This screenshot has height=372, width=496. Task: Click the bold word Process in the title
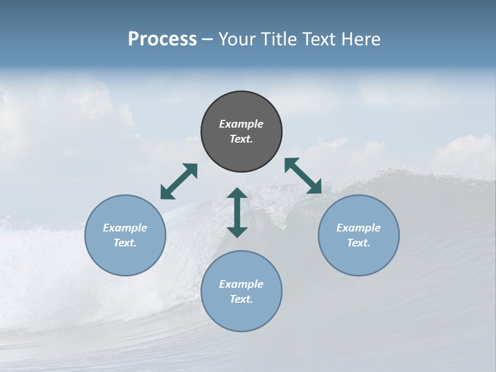tap(162, 39)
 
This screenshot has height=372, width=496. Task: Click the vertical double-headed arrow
tap(237, 213)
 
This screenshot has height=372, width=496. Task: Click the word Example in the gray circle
tap(241, 124)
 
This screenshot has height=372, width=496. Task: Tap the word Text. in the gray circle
tap(241, 139)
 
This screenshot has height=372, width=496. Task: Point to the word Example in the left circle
tap(125, 228)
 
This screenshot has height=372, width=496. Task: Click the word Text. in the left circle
tap(125, 243)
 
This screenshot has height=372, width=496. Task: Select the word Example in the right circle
tap(359, 228)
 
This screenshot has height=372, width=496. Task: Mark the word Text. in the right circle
tap(359, 243)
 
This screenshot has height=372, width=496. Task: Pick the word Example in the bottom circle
tap(241, 284)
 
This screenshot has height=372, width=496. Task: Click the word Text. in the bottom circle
tap(241, 299)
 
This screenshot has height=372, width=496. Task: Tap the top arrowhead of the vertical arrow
tap(237, 193)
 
